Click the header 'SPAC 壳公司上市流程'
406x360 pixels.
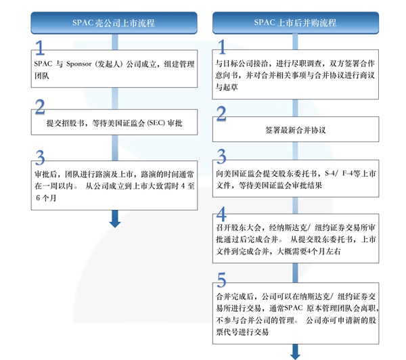(x=114, y=23)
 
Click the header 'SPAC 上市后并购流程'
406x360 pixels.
(x=296, y=23)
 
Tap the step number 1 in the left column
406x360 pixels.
(x=40, y=47)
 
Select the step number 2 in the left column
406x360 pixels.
(x=40, y=107)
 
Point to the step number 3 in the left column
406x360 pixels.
(x=40, y=158)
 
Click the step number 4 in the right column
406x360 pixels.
(x=221, y=214)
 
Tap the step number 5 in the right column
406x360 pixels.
(x=221, y=279)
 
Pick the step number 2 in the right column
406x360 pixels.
(x=221, y=114)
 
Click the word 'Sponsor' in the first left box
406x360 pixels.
(x=79, y=64)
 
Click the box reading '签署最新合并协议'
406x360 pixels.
(x=296, y=129)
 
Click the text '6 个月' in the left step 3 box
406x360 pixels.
(x=46, y=198)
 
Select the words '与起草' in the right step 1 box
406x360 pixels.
(x=227, y=87)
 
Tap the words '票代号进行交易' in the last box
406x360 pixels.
(x=242, y=332)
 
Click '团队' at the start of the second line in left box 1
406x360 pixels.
(x=42, y=76)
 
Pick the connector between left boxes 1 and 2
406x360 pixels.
(x=115, y=98)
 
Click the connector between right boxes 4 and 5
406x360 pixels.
(x=295, y=273)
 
